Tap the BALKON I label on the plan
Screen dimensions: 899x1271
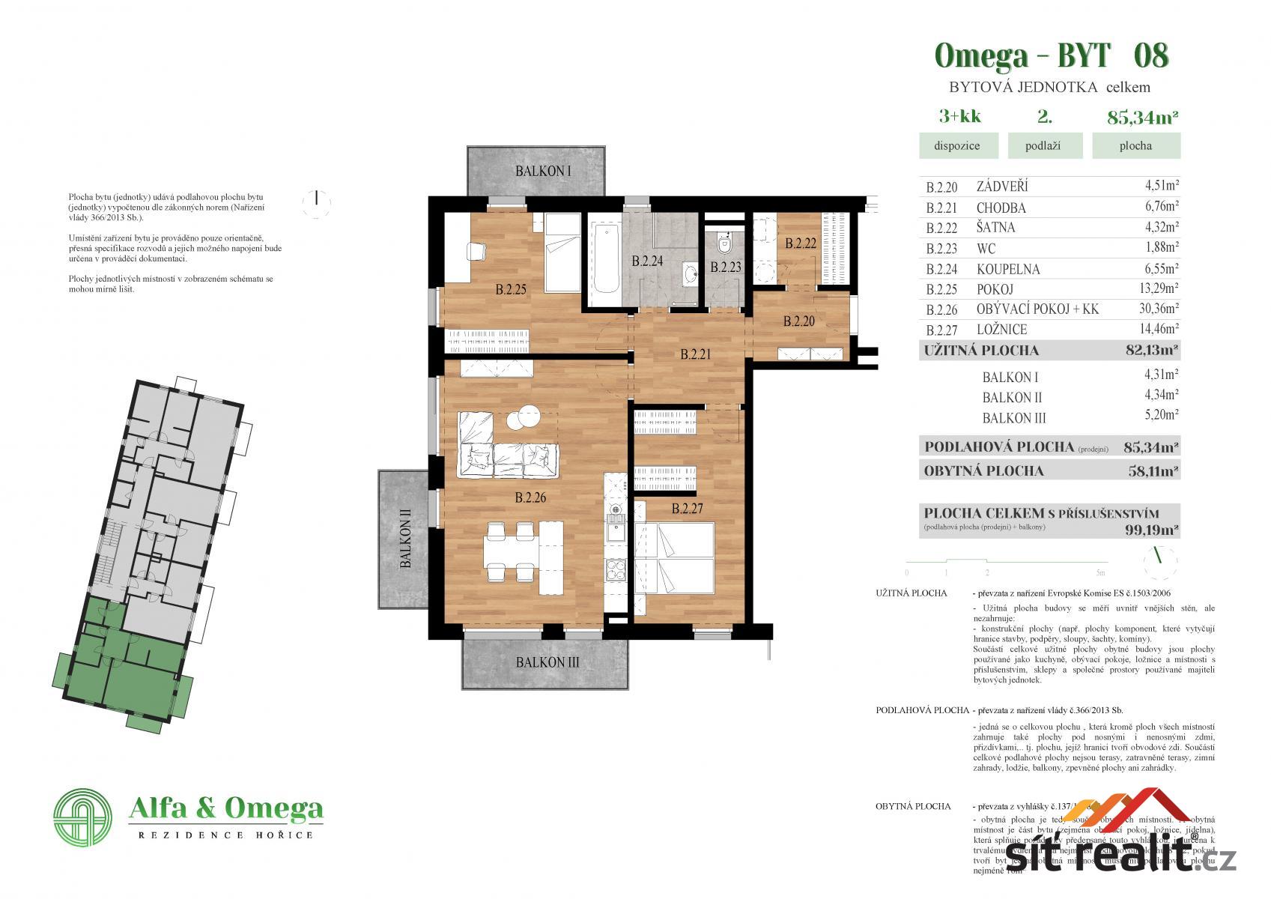543,172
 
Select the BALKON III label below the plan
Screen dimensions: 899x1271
547,662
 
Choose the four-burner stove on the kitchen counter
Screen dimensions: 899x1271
616,572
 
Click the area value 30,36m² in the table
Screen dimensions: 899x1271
1156,309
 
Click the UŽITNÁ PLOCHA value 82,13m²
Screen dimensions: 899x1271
1152,350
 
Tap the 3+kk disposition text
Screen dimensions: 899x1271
959,116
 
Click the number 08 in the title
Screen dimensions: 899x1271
1151,56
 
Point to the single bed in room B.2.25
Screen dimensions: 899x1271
561,253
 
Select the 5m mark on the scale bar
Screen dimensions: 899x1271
1100,573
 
